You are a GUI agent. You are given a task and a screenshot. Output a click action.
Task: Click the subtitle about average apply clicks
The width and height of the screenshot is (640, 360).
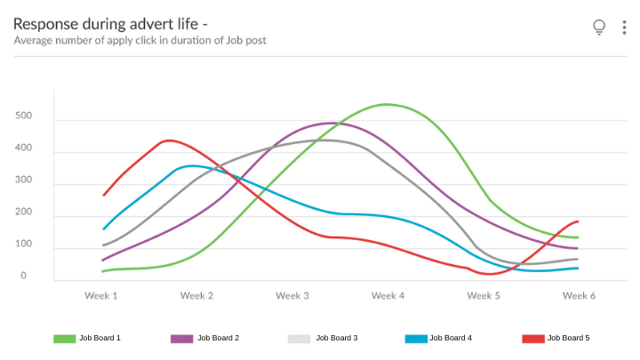[x=140, y=41]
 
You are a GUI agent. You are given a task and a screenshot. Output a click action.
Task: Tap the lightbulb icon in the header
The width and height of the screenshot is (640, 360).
[x=599, y=28]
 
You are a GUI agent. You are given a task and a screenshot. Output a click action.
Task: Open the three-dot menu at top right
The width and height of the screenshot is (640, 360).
[x=624, y=28]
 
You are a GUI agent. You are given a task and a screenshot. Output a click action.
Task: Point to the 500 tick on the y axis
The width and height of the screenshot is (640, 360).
[x=23, y=116]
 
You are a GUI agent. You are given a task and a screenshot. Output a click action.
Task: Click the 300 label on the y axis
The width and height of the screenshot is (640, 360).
[x=23, y=180]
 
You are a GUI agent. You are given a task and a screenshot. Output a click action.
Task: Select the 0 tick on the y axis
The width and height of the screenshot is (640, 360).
[x=23, y=276]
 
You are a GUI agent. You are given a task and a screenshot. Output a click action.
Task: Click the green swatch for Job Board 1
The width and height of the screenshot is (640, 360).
[x=65, y=339]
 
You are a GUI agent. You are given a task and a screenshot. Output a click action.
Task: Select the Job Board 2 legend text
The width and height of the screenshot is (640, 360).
[x=218, y=339]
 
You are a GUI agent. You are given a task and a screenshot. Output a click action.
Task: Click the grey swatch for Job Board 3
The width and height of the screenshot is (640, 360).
[x=300, y=339]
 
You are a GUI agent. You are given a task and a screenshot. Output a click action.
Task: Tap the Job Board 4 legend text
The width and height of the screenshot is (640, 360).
[x=451, y=339]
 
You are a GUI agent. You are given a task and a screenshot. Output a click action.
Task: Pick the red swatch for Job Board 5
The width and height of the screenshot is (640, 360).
[x=532, y=339]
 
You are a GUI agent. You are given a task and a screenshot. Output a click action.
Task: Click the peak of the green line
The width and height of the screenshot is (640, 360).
[x=388, y=105]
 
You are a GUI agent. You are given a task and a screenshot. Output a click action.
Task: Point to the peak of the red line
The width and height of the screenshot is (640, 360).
[x=169, y=140]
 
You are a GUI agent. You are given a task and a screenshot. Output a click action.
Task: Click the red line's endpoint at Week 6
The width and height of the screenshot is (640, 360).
[x=578, y=221]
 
